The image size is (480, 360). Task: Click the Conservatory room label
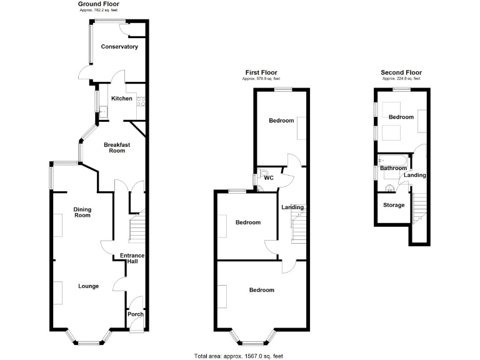coord(119,47)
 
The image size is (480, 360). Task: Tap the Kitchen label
coord(121,99)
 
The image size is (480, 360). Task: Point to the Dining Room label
coord(82,212)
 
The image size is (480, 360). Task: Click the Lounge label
coord(88,286)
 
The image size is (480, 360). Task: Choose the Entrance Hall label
coord(132,258)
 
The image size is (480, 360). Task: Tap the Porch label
coord(136,314)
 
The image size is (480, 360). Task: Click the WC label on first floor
coord(269,178)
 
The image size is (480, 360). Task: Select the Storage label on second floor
coord(394,205)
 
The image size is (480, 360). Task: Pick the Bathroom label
coord(394,168)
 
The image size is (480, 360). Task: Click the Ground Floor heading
coord(99,4)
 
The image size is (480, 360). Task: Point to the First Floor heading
coord(261,73)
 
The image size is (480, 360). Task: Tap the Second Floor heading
coord(401,73)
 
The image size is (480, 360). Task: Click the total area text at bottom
coord(238,356)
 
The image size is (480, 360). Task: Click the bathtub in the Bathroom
coord(394,161)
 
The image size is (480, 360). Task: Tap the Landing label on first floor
coord(292,207)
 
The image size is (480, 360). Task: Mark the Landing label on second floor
coord(415,175)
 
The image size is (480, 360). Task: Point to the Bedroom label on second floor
coord(401,117)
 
